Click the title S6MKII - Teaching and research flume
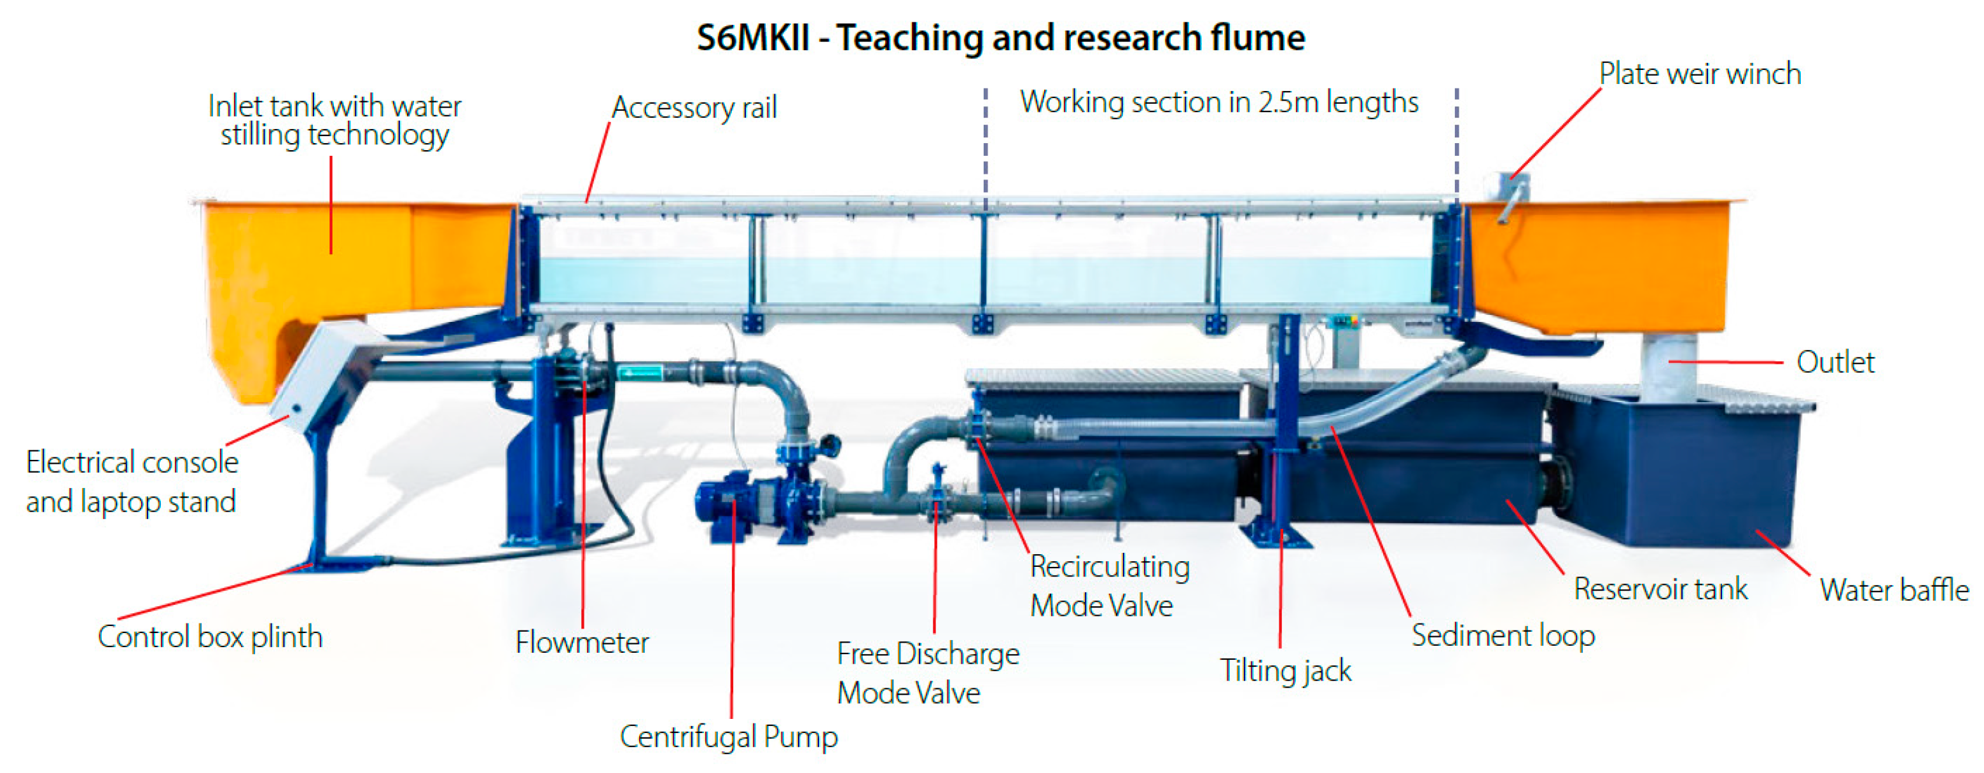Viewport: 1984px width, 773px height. pos(1000,37)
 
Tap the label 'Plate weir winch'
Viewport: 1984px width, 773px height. pos(1700,74)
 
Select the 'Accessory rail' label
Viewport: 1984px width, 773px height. pos(694,107)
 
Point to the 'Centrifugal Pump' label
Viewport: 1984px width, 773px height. pos(728,737)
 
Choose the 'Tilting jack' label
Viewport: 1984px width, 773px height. pos(1285,671)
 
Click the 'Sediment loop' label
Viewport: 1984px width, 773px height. pos(1503,636)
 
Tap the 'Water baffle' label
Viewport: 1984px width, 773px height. pos(1894,590)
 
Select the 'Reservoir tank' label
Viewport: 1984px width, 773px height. pos(1660,588)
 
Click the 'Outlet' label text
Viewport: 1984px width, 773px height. pos(1835,362)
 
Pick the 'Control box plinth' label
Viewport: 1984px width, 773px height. pos(209,637)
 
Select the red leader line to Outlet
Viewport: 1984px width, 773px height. pos(1725,361)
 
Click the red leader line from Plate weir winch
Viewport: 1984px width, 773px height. pos(1556,132)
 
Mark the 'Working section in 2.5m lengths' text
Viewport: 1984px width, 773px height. pos(1218,102)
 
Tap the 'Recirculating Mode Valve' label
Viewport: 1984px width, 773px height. pos(1109,586)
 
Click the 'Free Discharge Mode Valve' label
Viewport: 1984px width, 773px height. pos(927,673)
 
